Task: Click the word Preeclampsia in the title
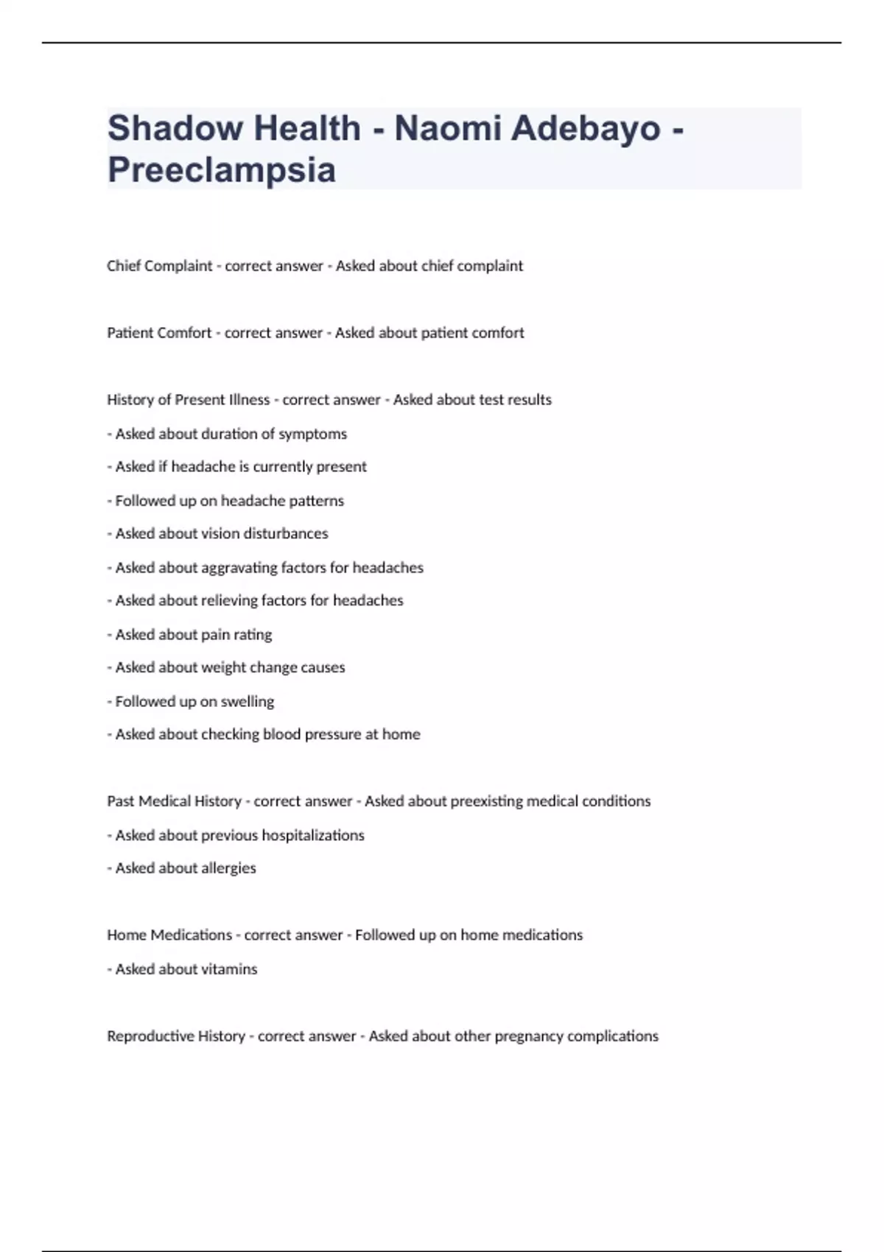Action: pyautogui.click(x=222, y=170)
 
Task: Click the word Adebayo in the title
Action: pyautogui.click(x=586, y=128)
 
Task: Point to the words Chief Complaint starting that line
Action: pyautogui.click(x=159, y=266)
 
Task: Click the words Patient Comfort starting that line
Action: pyautogui.click(x=159, y=333)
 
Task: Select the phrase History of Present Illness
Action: pyautogui.click(x=189, y=400)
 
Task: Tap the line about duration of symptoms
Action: pyautogui.click(x=227, y=434)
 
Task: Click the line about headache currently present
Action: pyautogui.click(x=236, y=467)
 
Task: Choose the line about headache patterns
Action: pyautogui.click(x=225, y=501)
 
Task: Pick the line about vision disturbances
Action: pyautogui.click(x=217, y=533)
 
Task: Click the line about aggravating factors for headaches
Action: pyautogui.click(x=265, y=568)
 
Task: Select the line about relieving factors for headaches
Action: pyautogui.click(x=255, y=600)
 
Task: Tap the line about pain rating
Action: pyautogui.click(x=189, y=635)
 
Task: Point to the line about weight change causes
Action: pyautogui.click(x=226, y=667)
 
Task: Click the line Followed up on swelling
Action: pyautogui.click(x=191, y=702)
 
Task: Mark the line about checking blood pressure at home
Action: pyautogui.click(x=264, y=734)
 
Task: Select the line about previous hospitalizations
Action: pyautogui.click(x=236, y=835)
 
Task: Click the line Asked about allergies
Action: pyautogui.click(x=182, y=868)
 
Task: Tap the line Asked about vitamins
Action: pyautogui.click(x=182, y=969)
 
